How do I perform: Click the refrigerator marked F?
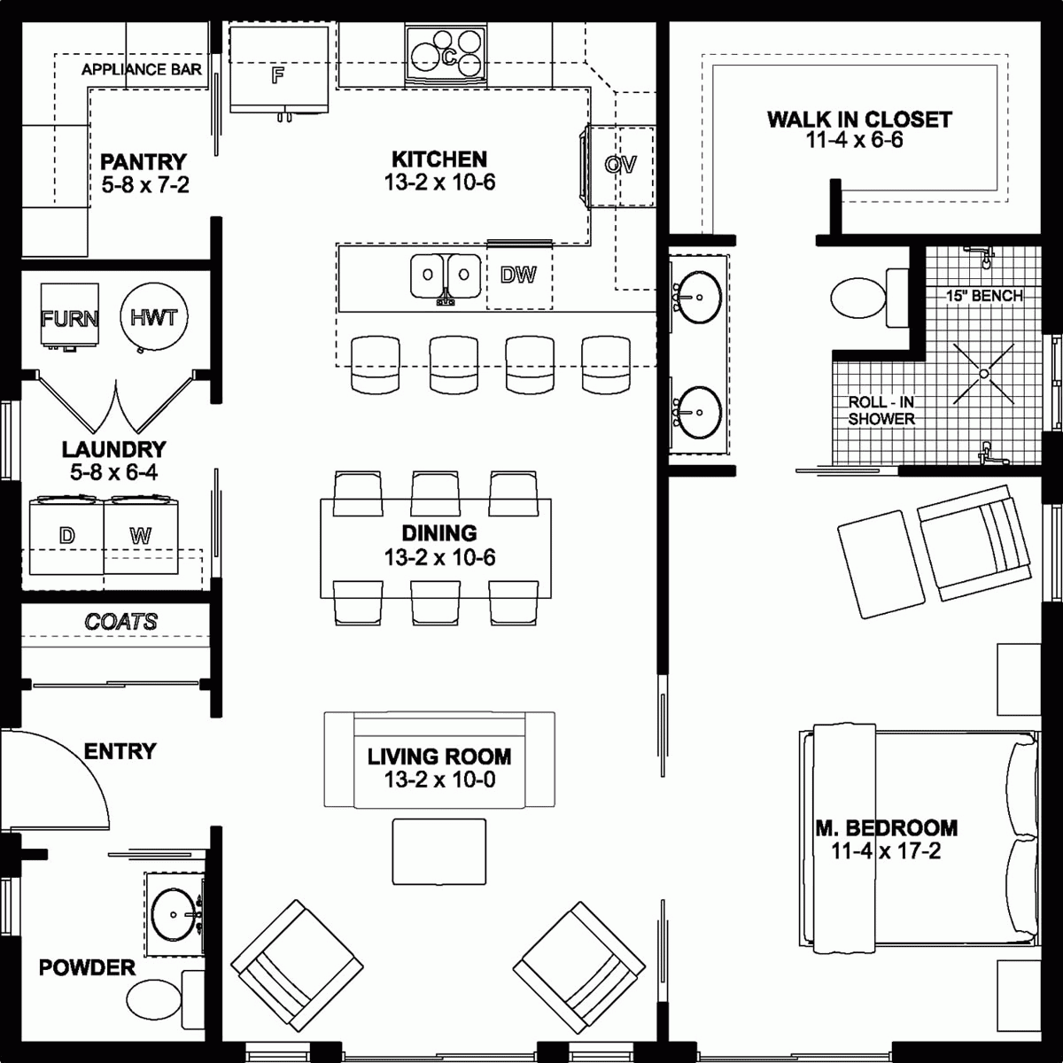278,71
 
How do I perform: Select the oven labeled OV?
620,166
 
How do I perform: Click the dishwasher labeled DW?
518,275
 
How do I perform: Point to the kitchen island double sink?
446,275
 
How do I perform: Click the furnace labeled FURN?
69,317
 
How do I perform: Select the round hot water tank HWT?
154,317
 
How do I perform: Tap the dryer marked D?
66,537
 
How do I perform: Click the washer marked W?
140,537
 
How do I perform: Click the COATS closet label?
121,622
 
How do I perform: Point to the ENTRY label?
120,751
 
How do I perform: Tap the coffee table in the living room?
439,851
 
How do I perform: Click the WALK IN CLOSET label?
858,120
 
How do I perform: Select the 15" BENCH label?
983,296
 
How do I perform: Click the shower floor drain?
984,375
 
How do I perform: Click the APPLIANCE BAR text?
142,69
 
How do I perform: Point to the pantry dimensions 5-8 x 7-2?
144,184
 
